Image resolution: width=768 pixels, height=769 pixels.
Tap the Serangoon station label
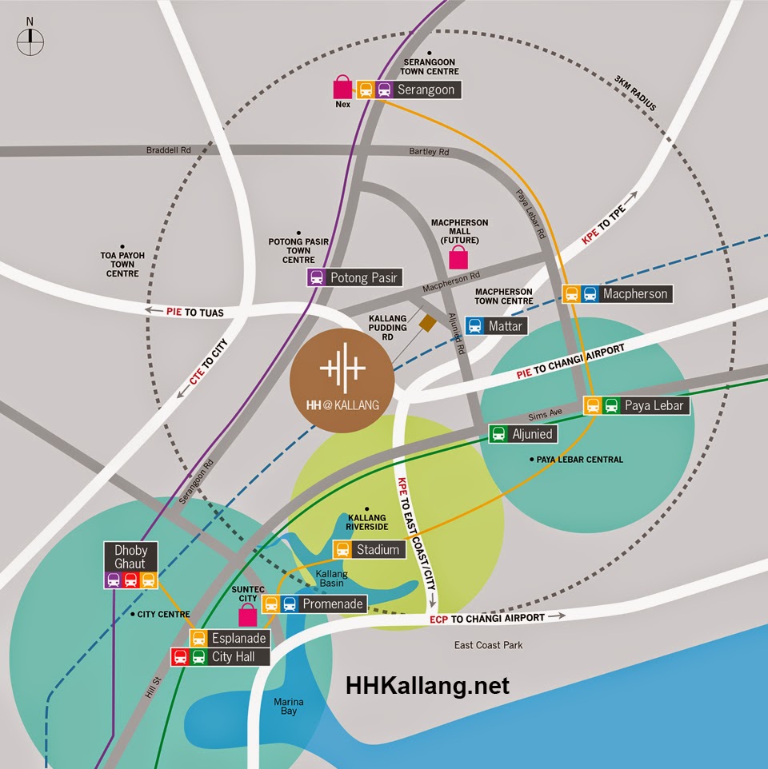click(426, 90)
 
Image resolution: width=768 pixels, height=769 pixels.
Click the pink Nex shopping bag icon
click(342, 87)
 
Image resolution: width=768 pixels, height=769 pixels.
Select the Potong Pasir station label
click(363, 277)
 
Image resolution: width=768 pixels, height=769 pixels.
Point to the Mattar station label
click(504, 325)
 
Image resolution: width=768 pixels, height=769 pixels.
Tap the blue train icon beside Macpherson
click(590, 293)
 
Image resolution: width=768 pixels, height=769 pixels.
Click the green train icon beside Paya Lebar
click(611, 405)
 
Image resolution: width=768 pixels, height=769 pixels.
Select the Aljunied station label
click(533, 433)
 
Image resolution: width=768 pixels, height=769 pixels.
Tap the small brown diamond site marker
click(427, 321)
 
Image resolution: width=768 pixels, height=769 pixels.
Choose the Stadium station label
click(378, 549)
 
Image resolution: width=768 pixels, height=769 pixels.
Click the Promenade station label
click(332, 604)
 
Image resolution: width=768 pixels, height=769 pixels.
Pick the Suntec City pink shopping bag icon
click(247, 614)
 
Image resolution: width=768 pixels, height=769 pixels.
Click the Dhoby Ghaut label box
click(131, 556)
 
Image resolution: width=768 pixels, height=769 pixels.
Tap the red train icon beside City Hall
click(181, 657)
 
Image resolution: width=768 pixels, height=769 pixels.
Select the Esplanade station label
click(237, 638)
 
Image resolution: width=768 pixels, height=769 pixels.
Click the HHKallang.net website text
click(427, 686)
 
